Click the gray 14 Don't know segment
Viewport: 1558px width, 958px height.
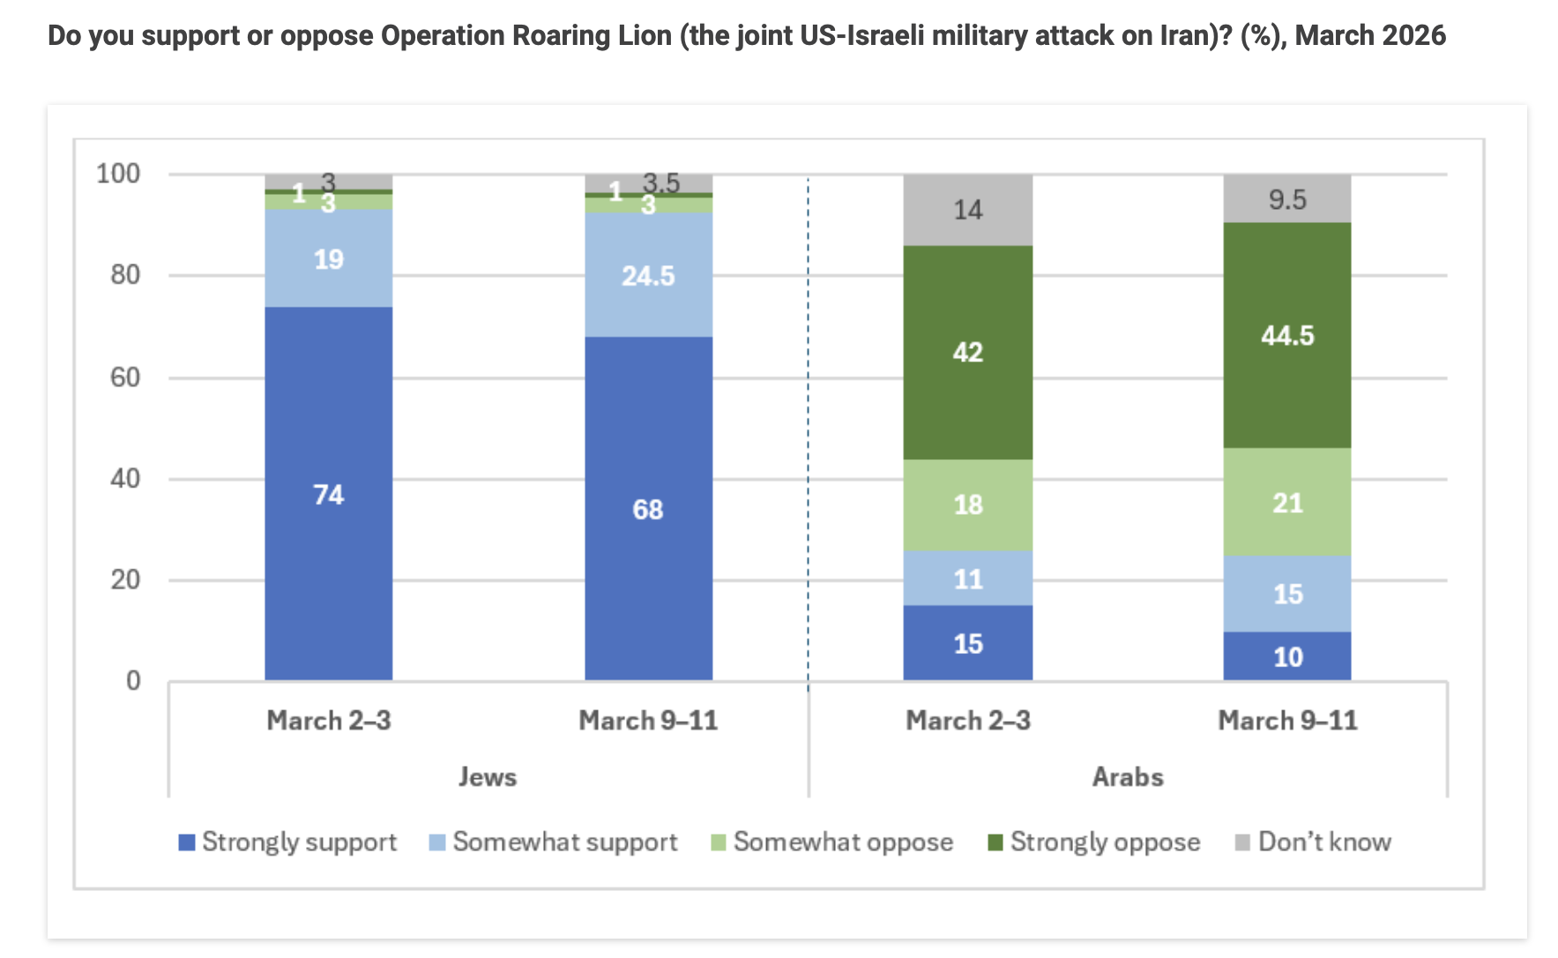[x=967, y=210]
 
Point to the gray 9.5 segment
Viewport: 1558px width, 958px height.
[x=1286, y=199]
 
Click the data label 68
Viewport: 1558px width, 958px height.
[x=648, y=509]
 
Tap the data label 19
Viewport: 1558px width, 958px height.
[x=328, y=259]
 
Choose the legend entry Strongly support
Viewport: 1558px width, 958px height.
[x=299, y=843]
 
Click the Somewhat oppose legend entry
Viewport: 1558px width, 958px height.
[x=842, y=843]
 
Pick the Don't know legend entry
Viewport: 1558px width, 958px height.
[x=1323, y=843]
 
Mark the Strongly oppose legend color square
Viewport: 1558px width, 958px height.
[x=995, y=843]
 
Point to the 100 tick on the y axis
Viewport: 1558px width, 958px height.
[x=118, y=174]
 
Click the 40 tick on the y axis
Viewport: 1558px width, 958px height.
[x=125, y=479]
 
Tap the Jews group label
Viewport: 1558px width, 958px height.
[x=488, y=777]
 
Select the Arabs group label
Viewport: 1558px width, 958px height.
[x=1128, y=777]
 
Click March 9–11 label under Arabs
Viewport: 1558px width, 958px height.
[x=1287, y=721]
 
